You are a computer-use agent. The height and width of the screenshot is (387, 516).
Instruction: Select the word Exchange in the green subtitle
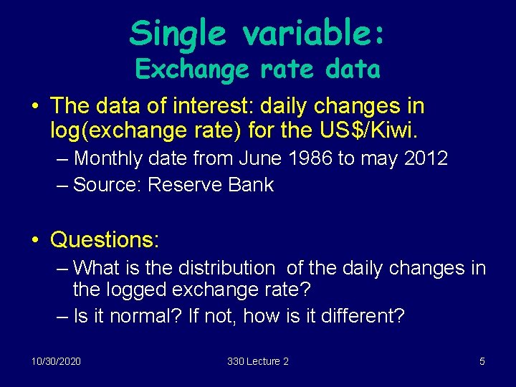pyautogui.click(x=191, y=70)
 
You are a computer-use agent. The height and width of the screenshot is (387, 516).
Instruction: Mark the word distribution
pyautogui.click(x=222, y=269)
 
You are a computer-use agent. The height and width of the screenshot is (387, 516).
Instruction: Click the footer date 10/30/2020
pyautogui.click(x=56, y=361)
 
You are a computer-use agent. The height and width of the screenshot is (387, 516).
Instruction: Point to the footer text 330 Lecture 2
pyautogui.click(x=258, y=361)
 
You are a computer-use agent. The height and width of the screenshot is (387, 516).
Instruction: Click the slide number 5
pyautogui.click(x=482, y=361)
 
